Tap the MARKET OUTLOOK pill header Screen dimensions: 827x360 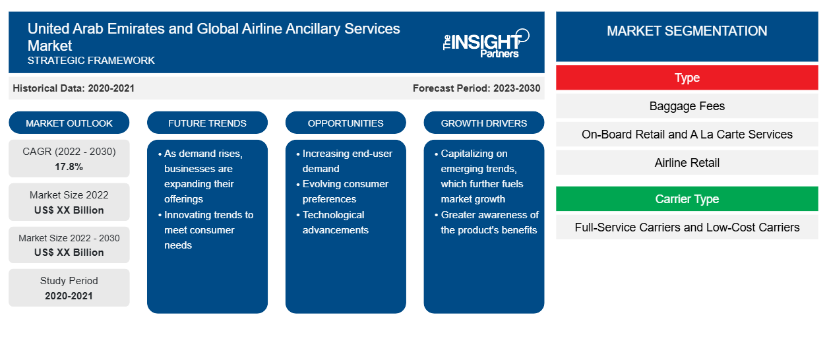click(69, 123)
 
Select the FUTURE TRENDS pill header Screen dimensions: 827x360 click(207, 123)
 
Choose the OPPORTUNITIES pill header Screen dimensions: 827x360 click(346, 123)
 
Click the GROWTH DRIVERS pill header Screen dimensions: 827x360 click(483, 123)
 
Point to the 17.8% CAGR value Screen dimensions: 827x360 click(69, 167)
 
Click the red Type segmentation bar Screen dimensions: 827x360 click(687, 78)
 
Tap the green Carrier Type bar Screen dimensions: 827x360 click(687, 198)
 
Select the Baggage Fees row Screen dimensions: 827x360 click(687, 106)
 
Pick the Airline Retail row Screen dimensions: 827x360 click(687, 162)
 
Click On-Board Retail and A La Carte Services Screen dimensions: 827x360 click(687, 134)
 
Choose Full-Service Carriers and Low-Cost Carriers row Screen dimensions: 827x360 click(687, 227)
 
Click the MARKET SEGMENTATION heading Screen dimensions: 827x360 click(687, 30)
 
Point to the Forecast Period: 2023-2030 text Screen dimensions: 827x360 click(476, 88)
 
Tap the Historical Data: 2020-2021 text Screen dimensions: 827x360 click(73, 88)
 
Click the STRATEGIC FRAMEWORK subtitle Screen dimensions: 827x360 click(91, 60)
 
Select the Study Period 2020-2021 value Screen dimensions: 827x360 click(69, 296)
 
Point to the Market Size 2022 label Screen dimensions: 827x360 click(69, 195)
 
